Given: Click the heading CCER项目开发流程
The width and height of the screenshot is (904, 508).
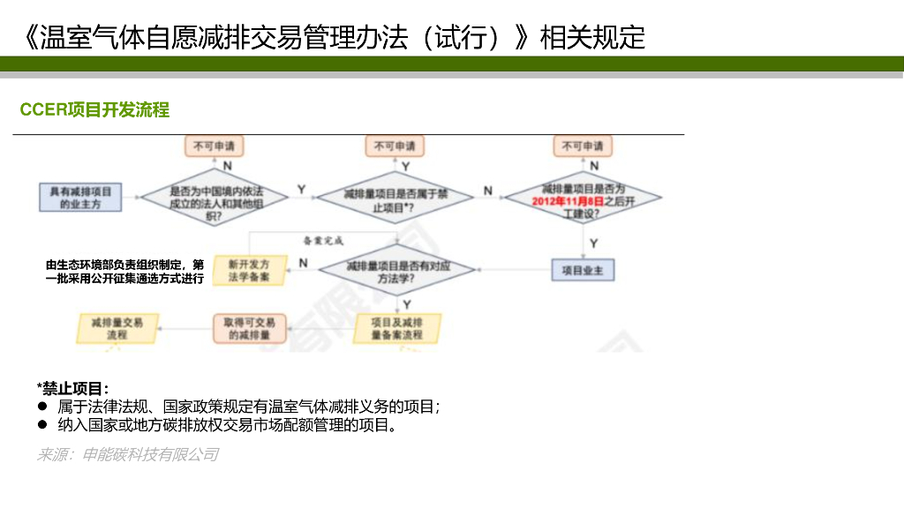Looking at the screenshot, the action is tap(94, 110).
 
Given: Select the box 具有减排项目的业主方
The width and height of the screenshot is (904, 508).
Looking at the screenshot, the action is tap(81, 197).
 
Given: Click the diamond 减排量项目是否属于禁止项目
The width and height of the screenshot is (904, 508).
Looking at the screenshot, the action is tap(395, 199).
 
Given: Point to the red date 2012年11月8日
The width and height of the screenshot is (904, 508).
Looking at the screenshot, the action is tap(569, 201).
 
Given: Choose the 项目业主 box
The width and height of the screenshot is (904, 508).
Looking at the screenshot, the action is tap(582, 270).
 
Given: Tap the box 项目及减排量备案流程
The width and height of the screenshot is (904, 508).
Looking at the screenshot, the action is tap(396, 328).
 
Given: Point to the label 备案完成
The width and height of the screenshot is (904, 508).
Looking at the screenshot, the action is tap(322, 240).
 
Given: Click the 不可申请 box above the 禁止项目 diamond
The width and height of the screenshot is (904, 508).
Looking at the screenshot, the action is tap(394, 146).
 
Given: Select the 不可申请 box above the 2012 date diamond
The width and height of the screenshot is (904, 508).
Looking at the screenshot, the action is tap(583, 146).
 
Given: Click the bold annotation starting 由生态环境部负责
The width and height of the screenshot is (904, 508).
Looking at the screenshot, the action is tap(124, 271).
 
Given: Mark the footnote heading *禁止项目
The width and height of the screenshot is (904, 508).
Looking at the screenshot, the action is tap(73, 388).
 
